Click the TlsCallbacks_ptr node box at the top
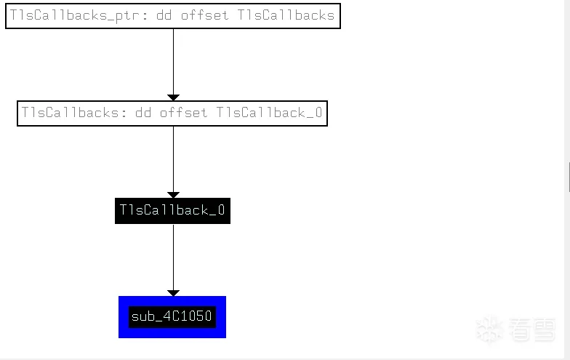[173, 16]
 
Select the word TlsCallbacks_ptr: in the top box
[79, 16]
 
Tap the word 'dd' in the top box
[164, 15]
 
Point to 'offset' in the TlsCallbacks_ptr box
[205, 15]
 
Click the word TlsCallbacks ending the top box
[286, 15]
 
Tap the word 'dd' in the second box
[142, 112]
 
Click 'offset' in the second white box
[184, 112]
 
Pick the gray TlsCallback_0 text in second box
[269, 112]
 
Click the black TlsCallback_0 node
[173, 211]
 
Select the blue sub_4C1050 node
[172, 317]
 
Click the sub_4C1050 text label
[172, 316]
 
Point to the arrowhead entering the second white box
[173, 97]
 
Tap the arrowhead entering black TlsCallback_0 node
[173, 195]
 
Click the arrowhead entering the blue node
[173, 292]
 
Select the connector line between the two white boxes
[173, 61]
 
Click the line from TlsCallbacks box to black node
[173, 159]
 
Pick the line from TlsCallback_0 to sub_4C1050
[173, 257]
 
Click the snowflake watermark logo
[489, 329]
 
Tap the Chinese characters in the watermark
[532, 329]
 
